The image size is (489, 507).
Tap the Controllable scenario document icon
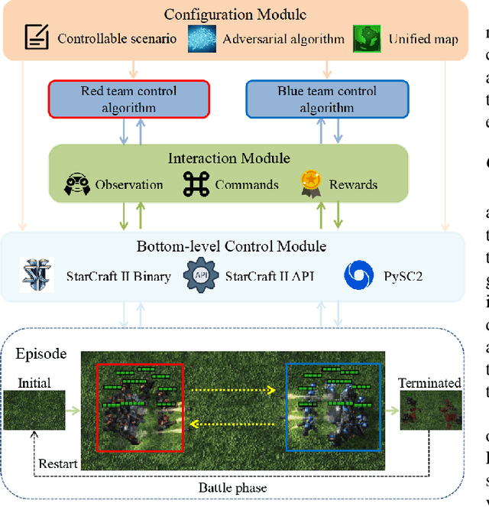37,37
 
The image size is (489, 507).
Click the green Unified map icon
367,38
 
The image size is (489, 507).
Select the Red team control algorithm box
128,99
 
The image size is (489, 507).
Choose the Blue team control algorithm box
327,99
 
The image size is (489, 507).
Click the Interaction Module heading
229,158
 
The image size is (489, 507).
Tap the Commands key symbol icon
196,184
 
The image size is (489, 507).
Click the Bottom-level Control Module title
232,246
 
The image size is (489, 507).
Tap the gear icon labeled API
201,275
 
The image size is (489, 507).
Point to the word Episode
40,355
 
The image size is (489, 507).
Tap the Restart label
58,464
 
